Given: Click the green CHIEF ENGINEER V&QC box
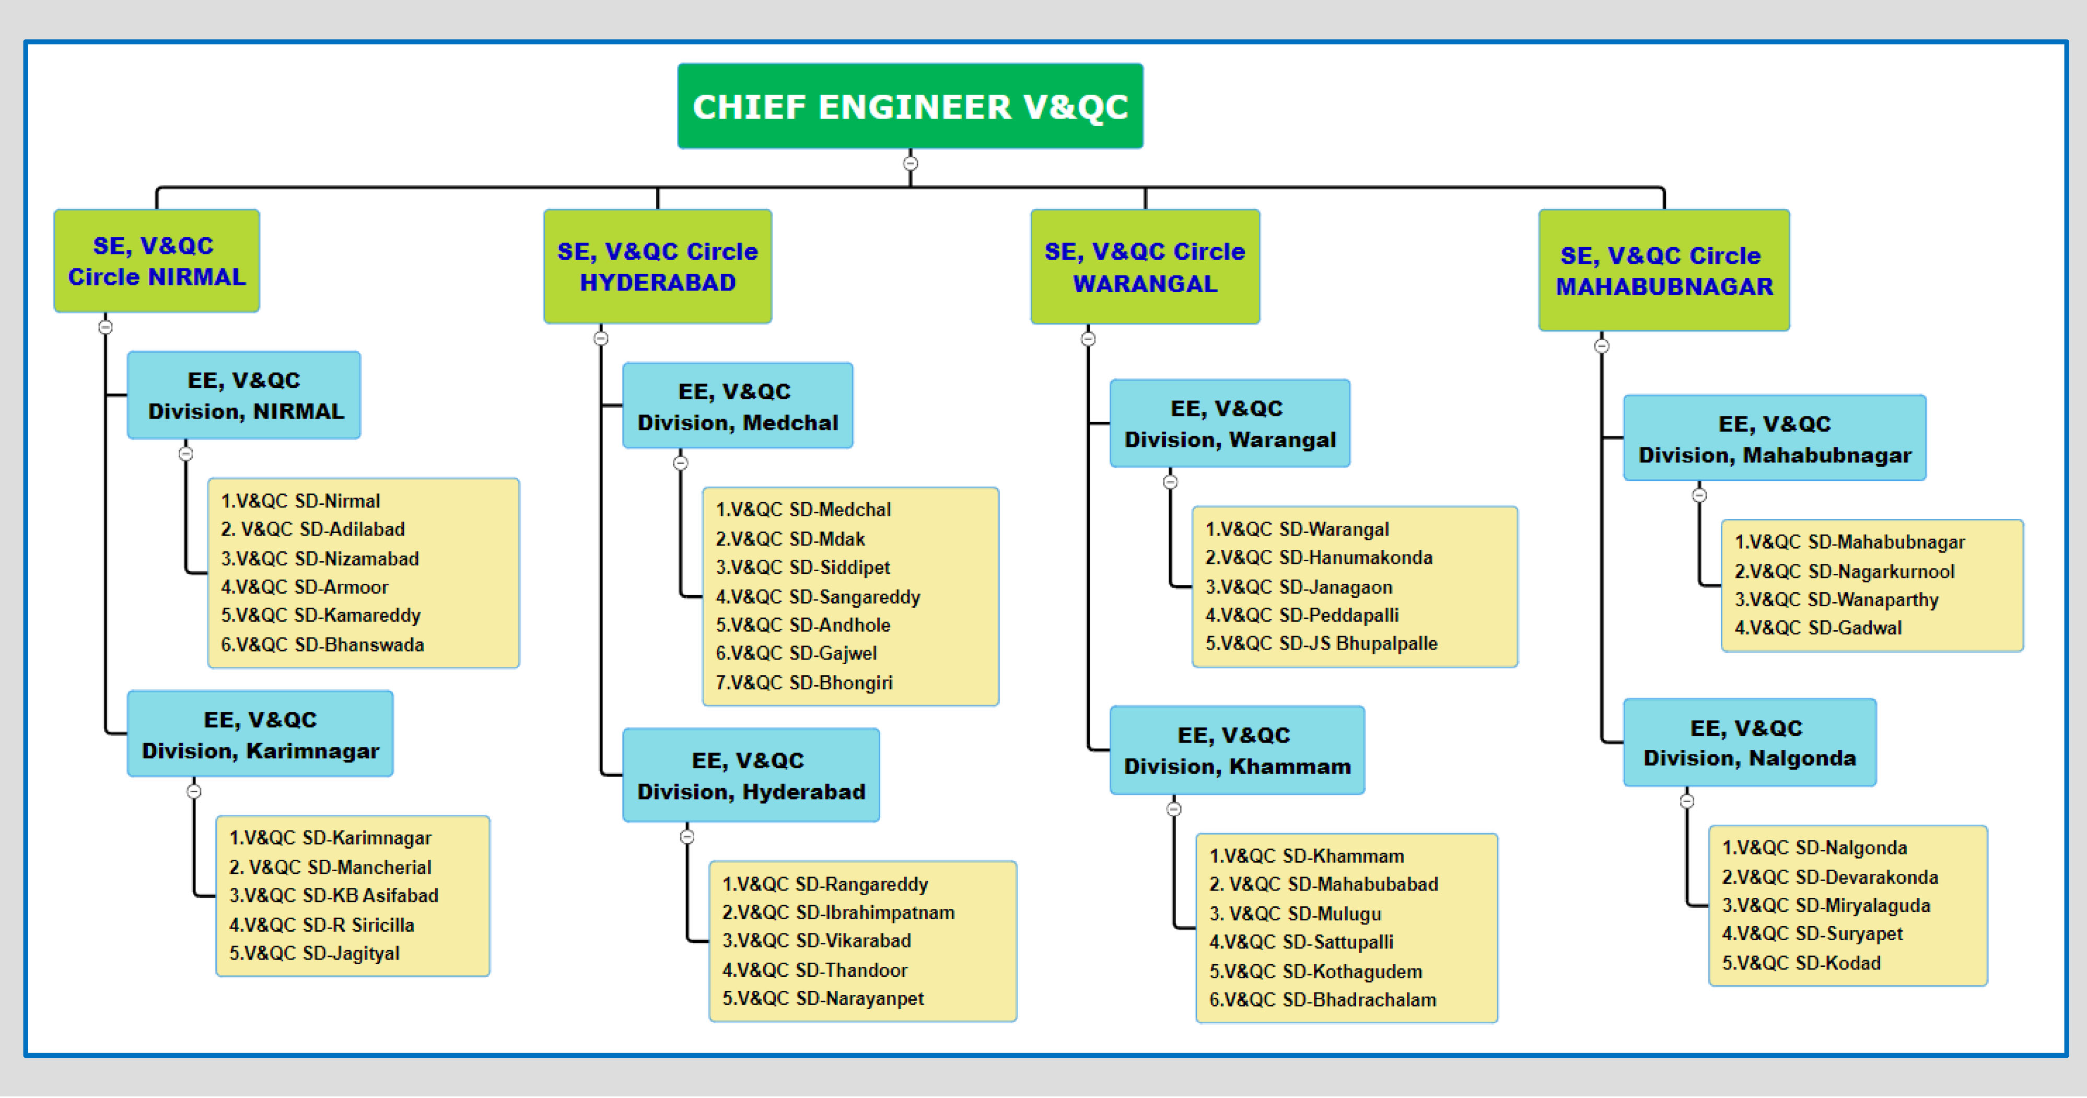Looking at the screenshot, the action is (910, 106).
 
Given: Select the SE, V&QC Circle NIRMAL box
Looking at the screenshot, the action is (156, 261).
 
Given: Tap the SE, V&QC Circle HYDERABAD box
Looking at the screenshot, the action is (657, 267).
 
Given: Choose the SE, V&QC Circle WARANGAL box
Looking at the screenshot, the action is (1145, 267).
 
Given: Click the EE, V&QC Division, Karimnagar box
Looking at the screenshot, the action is (260, 734).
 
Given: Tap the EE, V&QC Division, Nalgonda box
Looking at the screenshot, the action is (1749, 742).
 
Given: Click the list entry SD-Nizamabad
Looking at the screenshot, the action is (320, 558).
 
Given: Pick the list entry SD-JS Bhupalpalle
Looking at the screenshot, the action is (1321, 643).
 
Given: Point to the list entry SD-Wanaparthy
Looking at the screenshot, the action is (1836, 599).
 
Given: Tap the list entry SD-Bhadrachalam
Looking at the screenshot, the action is (1322, 1000).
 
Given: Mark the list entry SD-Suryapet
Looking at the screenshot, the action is (1812, 933).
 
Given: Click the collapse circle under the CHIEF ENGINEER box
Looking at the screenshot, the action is (911, 163).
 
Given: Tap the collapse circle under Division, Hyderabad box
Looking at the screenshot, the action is (687, 836).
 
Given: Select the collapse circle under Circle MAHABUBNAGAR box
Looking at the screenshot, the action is (1602, 346).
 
